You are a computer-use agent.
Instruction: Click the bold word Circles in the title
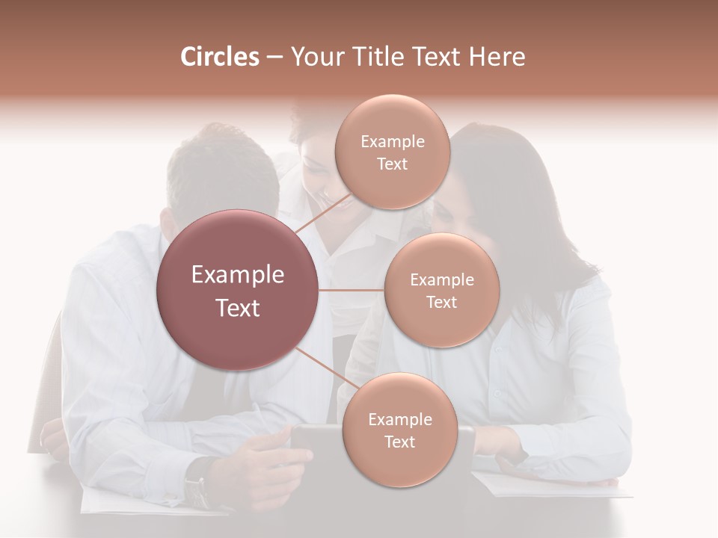coord(219,57)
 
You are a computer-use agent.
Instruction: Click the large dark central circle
coord(238,290)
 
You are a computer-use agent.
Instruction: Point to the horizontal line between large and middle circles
coord(352,290)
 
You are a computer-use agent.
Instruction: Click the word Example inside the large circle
coord(238,275)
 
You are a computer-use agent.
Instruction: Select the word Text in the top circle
coord(392,164)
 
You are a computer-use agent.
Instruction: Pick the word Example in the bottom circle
coord(399,420)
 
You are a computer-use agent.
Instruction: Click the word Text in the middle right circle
coord(441,303)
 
